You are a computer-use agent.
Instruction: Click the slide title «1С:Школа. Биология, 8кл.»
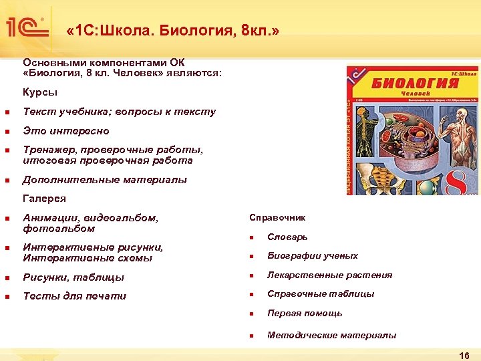click(173, 31)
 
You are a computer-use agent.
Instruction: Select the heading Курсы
click(40, 92)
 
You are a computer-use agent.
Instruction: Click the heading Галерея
click(44, 199)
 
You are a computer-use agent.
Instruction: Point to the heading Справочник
click(277, 218)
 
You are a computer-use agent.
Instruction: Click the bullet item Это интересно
click(65, 131)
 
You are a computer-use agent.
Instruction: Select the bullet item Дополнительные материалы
click(105, 180)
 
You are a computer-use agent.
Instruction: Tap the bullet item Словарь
click(287, 237)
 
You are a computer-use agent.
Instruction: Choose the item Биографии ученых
click(312, 256)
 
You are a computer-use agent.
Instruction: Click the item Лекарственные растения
click(329, 275)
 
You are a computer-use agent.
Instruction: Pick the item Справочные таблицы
click(321, 294)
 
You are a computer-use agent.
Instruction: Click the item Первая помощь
click(305, 314)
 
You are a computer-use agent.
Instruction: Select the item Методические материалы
click(331, 336)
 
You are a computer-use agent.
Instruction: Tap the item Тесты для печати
click(74, 296)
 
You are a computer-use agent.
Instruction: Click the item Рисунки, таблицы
click(73, 277)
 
